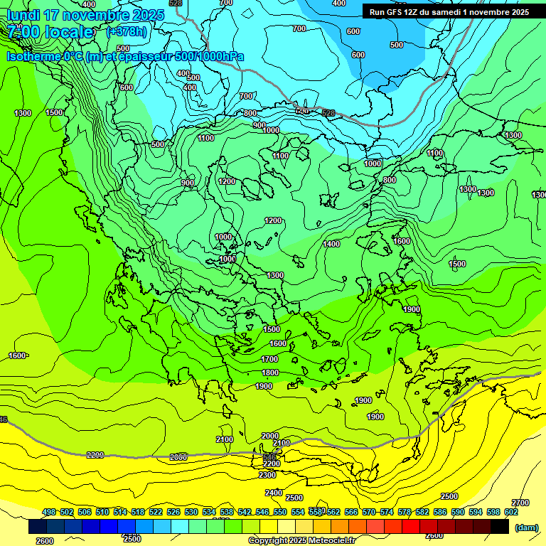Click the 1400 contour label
click(331, 244)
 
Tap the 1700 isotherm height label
click(269, 360)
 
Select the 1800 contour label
click(270, 373)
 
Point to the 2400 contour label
click(273, 493)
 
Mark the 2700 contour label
click(520, 503)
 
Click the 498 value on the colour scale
click(49, 512)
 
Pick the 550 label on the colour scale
click(280, 512)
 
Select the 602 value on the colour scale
click(511, 512)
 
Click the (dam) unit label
click(526, 528)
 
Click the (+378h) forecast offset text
click(127, 32)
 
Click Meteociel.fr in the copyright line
click(331, 541)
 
